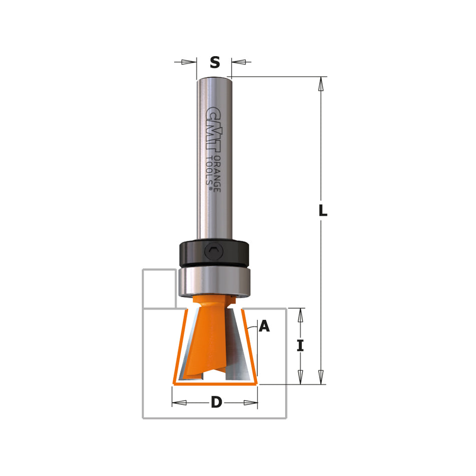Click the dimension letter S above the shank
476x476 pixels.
coord(214,62)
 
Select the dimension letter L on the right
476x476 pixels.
coord(323,211)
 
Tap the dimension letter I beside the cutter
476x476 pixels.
coord(300,346)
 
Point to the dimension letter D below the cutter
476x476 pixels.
coord(216,402)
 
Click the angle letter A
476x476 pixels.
coord(264,327)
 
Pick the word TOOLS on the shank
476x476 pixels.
coord(210,170)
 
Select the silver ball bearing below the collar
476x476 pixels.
coord(213,281)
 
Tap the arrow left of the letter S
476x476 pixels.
coord(187,62)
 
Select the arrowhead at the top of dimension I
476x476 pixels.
coord(300,315)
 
